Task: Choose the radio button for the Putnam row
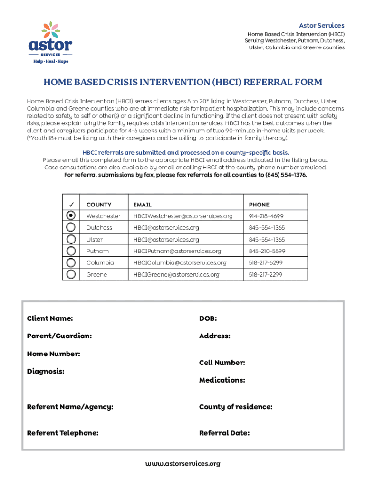(71, 251)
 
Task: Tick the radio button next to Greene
(71, 274)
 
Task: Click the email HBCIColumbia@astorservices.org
(180, 262)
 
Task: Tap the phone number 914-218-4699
(267, 216)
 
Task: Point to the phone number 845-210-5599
(267, 251)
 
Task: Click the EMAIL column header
(142, 205)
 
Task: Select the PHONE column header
(259, 205)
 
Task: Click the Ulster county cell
(94, 240)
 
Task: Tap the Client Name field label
(50, 318)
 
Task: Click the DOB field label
(208, 318)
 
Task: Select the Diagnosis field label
(46, 371)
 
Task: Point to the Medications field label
(222, 380)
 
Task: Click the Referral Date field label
(224, 433)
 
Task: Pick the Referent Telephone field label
(63, 433)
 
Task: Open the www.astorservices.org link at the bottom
(183, 463)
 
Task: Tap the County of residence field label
(236, 407)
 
